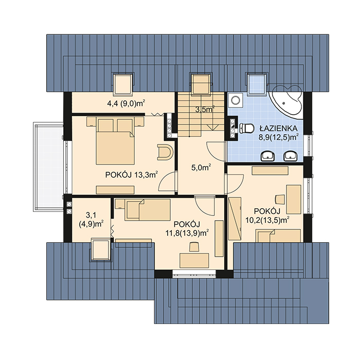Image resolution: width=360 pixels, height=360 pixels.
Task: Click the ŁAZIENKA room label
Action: (x=279, y=128)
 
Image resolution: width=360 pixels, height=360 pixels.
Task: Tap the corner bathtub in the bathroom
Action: (x=286, y=101)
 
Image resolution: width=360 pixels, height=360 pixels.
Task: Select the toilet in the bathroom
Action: (x=246, y=129)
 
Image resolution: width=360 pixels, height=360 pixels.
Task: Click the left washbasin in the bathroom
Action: (x=268, y=156)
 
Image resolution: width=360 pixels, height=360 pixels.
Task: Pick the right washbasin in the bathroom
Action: (x=291, y=156)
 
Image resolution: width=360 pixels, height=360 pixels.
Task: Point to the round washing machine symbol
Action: (x=236, y=100)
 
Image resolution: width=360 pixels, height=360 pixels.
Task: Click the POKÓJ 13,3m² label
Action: (x=132, y=175)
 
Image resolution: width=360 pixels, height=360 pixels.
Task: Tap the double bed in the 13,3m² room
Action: (x=115, y=140)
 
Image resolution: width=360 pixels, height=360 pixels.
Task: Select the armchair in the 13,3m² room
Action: (x=165, y=152)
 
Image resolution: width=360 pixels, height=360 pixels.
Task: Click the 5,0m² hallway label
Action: (x=201, y=168)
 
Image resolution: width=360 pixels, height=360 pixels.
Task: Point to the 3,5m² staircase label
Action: (x=205, y=109)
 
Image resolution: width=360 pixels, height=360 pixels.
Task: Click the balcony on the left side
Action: (x=48, y=167)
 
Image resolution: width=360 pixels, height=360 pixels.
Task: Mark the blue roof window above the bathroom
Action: (x=257, y=84)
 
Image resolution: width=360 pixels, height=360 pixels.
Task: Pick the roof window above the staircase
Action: (x=200, y=84)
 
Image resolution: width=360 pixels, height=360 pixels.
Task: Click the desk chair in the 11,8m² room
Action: (x=194, y=247)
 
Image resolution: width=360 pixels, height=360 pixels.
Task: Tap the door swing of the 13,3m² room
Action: (x=168, y=182)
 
